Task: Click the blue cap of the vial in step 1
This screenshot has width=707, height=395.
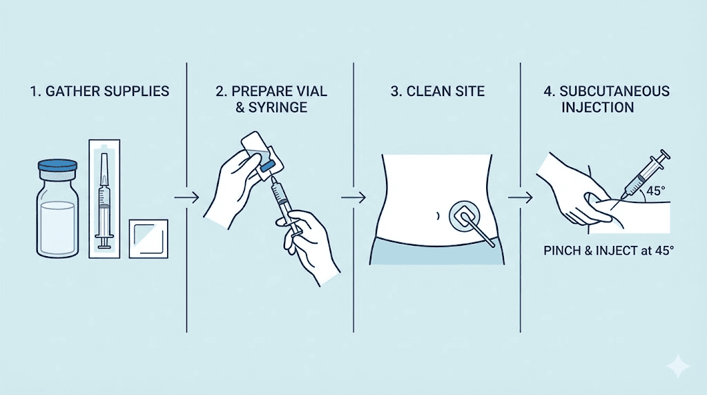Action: (x=57, y=165)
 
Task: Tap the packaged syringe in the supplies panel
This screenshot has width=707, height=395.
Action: (x=104, y=199)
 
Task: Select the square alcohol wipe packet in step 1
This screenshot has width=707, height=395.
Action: (x=148, y=239)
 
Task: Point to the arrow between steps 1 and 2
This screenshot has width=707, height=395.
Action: (x=186, y=197)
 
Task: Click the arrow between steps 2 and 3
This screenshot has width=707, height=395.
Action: (x=353, y=197)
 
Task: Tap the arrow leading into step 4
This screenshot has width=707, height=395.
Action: (x=521, y=197)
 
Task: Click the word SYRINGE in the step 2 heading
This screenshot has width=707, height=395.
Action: (x=278, y=108)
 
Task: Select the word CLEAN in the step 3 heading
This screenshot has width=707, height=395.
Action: (x=428, y=91)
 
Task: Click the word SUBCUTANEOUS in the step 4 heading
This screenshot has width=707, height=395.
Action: (x=614, y=91)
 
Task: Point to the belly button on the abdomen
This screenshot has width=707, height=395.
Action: (x=437, y=216)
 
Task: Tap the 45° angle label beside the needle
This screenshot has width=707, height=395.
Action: (x=656, y=191)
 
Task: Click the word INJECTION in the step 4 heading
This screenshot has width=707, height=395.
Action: (x=597, y=108)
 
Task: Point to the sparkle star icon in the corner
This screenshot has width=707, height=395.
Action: (x=678, y=366)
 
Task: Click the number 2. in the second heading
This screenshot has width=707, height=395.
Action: (x=221, y=91)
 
